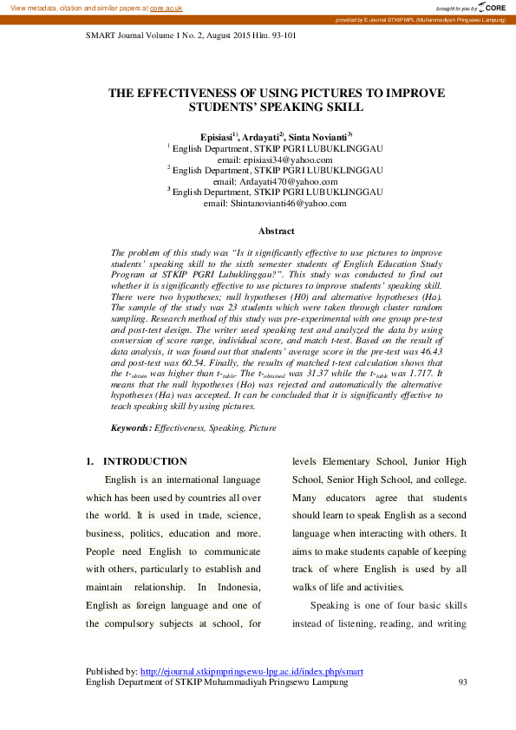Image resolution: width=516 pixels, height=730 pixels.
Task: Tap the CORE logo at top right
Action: (493, 7)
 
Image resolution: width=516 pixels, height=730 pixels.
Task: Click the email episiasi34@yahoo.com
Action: (275, 160)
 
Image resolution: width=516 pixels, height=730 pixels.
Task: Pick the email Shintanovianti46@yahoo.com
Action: (275, 204)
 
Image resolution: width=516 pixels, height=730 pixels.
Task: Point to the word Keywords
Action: (131, 428)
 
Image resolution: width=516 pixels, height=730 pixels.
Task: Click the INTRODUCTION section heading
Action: (145, 461)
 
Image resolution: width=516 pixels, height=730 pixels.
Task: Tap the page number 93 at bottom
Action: (462, 683)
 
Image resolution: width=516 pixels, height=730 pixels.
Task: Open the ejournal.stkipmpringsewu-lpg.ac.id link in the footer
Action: (251, 672)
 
